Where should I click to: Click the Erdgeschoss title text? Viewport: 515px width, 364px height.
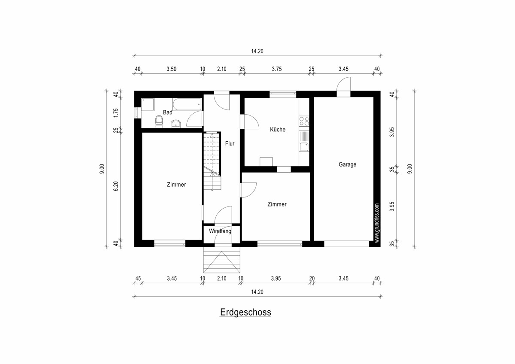click(x=245, y=312)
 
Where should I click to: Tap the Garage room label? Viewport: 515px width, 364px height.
click(x=347, y=164)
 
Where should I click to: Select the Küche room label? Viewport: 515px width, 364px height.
click(x=278, y=129)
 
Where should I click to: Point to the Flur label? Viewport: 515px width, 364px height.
click(x=230, y=143)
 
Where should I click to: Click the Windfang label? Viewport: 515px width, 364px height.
click(x=220, y=231)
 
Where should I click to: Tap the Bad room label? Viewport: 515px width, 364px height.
click(x=168, y=112)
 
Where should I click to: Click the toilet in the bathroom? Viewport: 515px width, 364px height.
click(x=159, y=121)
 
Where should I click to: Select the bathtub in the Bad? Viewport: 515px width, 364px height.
click(x=187, y=105)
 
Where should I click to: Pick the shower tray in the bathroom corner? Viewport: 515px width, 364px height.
click(x=148, y=105)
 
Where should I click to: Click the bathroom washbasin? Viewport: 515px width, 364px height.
click(x=176, y=124)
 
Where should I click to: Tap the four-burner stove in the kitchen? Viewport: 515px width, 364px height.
click(x=304, y=121)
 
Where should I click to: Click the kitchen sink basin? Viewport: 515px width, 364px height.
click(x=304, y=147)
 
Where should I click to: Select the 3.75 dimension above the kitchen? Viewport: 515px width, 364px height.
click(x=276, y=69)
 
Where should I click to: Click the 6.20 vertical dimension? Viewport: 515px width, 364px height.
click(x=116, y=186)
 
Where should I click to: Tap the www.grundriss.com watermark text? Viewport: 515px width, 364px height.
click(x=377, y=223)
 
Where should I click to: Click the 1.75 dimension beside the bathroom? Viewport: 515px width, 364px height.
click(x=116, y=112)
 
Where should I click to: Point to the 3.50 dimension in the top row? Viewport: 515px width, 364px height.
click(x=171, y=69)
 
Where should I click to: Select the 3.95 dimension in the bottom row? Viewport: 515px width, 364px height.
click(x=276, y=279)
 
